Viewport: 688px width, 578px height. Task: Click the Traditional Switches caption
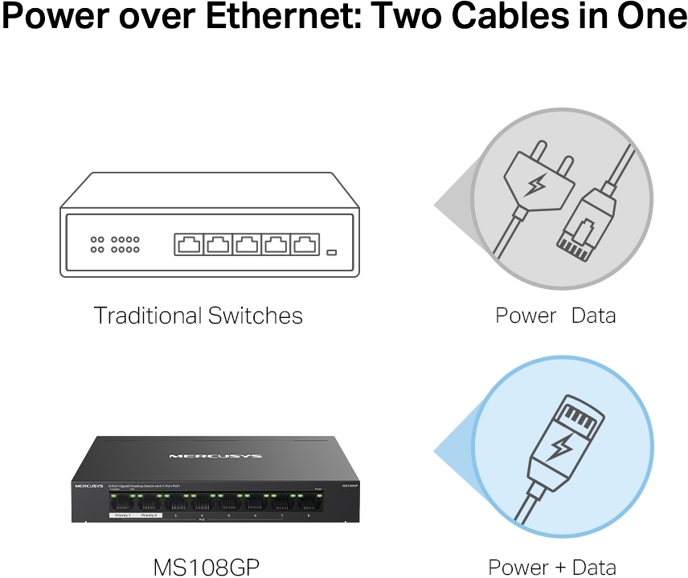[199, 315]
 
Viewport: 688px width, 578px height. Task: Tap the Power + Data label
[552, 566]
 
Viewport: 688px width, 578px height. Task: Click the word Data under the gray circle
[593, 315]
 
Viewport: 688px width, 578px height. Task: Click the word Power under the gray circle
[526, 315]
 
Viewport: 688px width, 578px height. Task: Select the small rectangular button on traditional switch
[332, 253]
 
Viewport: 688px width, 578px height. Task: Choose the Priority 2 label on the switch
[149, 515]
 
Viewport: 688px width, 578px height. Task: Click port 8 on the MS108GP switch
[308, 504]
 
